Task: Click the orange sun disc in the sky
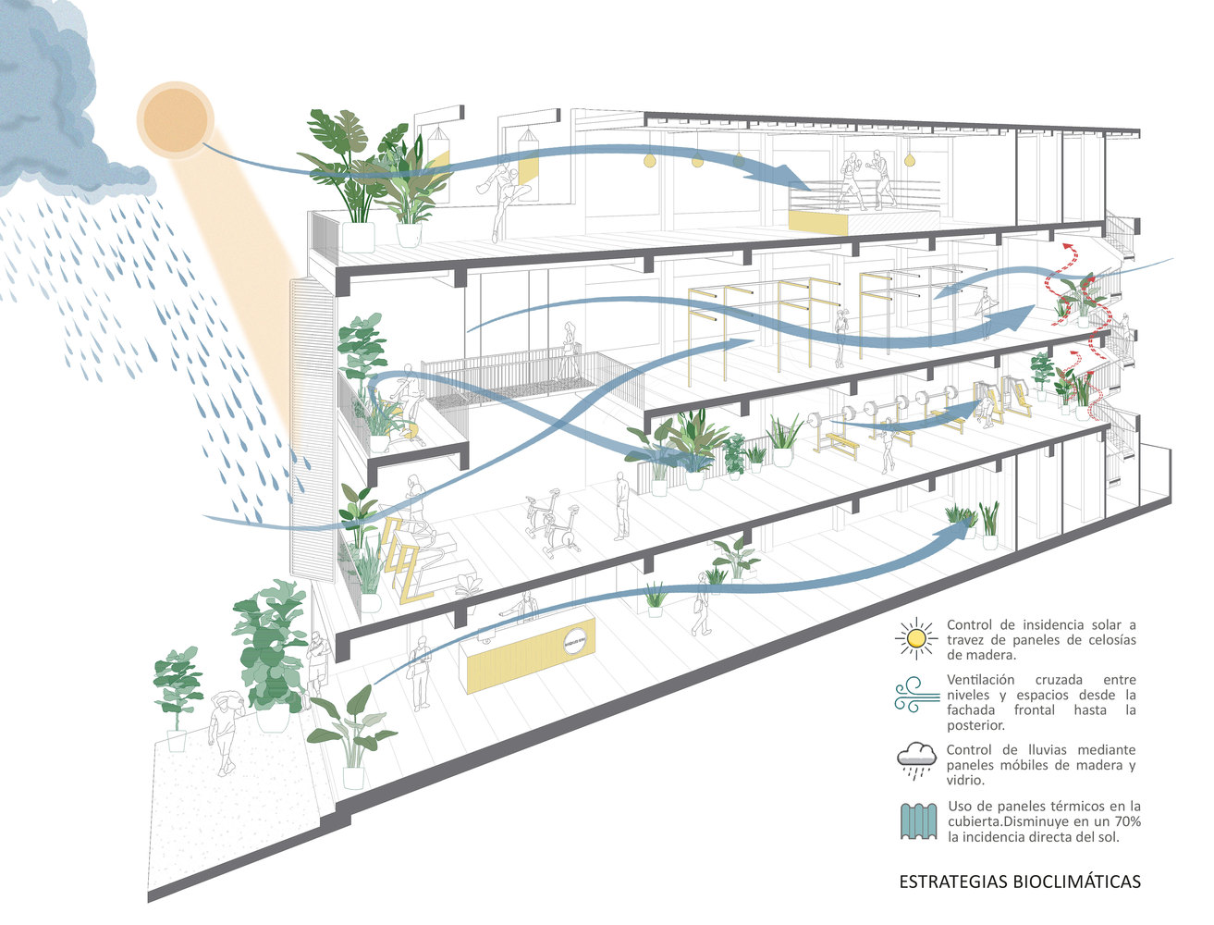(x=176, y=119)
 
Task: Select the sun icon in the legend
(x=916, y=638)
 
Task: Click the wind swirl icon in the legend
(x=915, y=694)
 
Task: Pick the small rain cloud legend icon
(x=917, y=758)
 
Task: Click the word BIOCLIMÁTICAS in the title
(x=1076, y=882)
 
